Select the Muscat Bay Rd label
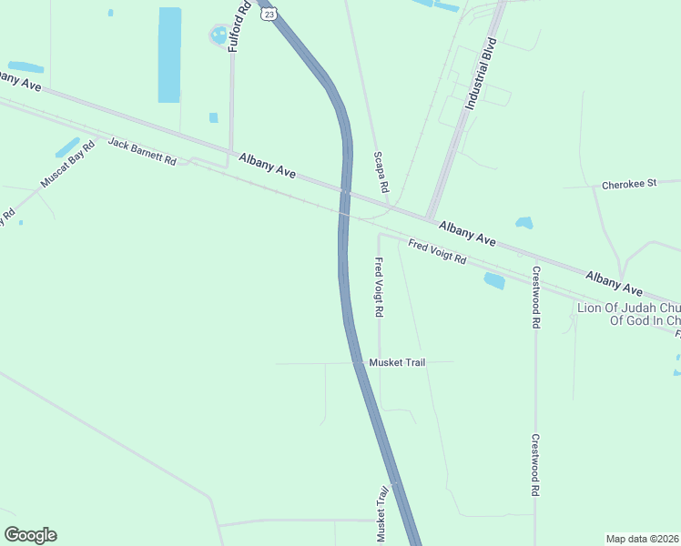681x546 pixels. coord(67,165)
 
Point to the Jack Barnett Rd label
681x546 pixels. coord(142,150)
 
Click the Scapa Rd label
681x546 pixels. coord(381,172)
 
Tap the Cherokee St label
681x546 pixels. coord(629,185)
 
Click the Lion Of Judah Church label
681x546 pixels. coord(628,314)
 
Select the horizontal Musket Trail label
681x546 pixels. coord(397,362)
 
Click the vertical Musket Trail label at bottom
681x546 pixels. coord(382,515)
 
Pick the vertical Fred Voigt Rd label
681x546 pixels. coord(379,287)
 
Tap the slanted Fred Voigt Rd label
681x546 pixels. coord(437,251)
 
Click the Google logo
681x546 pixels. coord(30,535)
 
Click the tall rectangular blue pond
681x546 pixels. coord(169,55)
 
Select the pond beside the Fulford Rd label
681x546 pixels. coord(219,36)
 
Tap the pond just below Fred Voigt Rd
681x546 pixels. coord(494,281)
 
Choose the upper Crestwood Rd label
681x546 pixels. coord(536,297)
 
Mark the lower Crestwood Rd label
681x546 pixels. coord(536,464)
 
